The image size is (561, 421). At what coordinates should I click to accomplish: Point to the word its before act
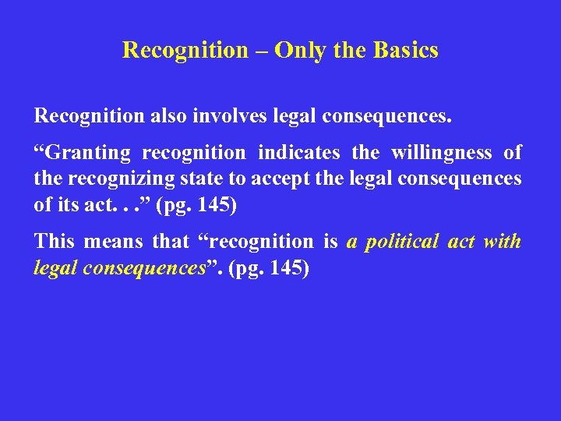pos(65,204)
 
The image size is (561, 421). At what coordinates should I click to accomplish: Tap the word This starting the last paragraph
pos(54,242)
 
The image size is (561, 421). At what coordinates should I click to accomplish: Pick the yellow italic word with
pos(502,242)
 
